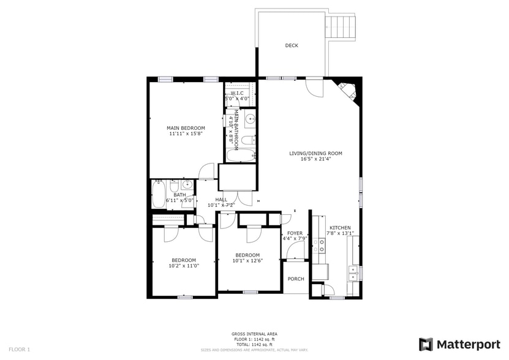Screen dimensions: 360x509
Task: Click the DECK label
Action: tap(292, 46)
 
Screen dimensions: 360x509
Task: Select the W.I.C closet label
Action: tap(236, 93)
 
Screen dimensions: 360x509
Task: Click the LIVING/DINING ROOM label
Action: tap(315, 154)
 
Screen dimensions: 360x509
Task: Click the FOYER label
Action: tap(295, 233)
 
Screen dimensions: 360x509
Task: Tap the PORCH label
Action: tap(296, 279)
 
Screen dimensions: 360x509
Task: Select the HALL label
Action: tap(221, 200)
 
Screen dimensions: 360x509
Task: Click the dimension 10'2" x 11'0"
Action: tap(184, 266)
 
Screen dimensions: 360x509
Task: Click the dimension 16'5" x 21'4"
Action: tap(315, 159)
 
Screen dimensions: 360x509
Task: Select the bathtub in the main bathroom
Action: tap(236, 156)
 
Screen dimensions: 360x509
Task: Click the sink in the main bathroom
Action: tap(249, 120)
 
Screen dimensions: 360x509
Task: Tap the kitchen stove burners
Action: tap(319, 246)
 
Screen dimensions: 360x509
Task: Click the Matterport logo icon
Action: tap(426, 344)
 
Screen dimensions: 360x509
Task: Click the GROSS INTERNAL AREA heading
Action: tap(254, 334)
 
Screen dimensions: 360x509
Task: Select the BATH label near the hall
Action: tap(179, 195)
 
